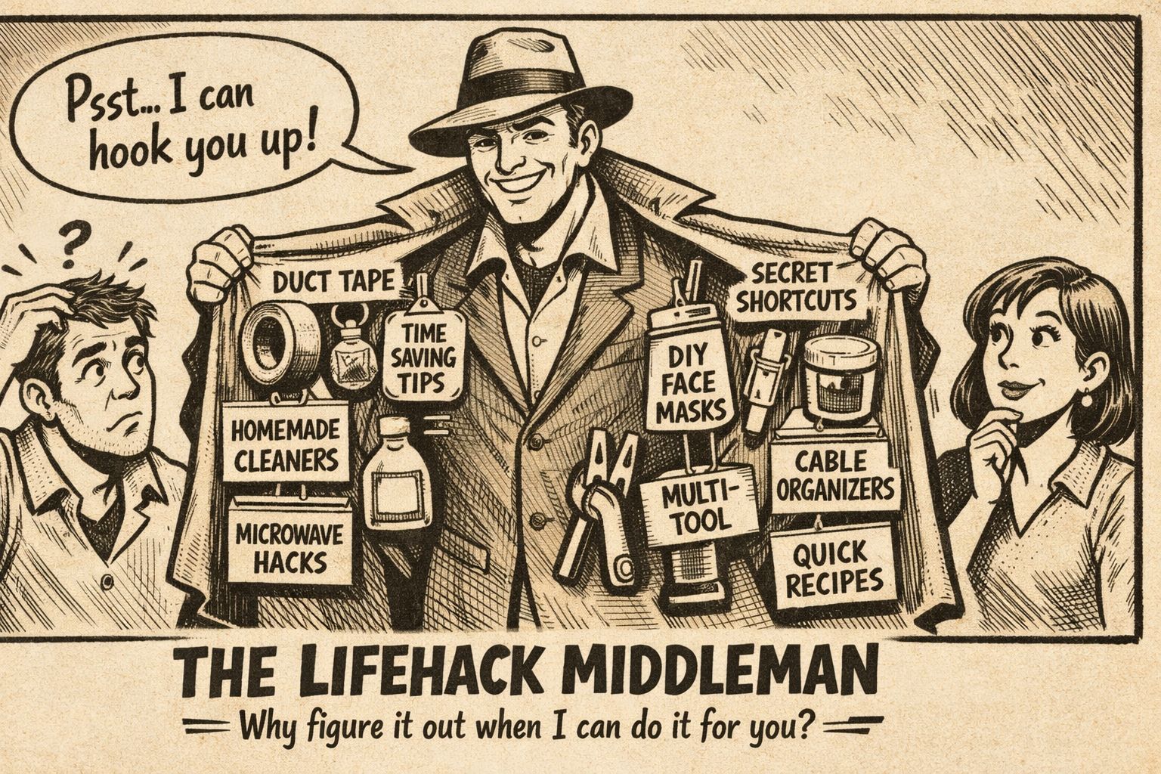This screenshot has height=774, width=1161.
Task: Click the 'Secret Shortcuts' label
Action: (x=795, y=288)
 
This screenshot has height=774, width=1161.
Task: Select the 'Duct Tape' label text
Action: (x=333, y=282)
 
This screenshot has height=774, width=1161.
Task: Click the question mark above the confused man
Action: (x=69, y=243)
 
